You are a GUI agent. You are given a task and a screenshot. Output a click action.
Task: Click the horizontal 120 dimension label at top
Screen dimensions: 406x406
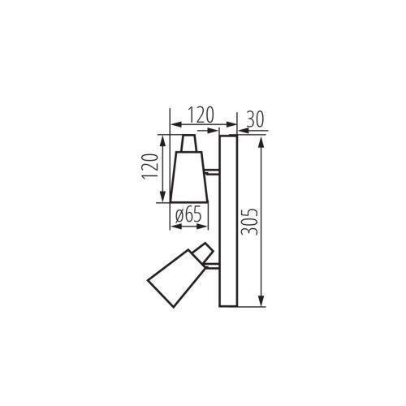[201, 115]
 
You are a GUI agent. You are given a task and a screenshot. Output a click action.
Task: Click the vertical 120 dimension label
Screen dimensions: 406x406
[150, 166]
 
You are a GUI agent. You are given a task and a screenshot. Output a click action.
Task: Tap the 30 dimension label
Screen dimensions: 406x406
[255, 119]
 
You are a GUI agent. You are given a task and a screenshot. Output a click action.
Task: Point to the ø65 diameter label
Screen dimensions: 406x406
[188, 215]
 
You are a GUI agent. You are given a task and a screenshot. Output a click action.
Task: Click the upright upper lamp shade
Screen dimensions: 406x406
[189, 177]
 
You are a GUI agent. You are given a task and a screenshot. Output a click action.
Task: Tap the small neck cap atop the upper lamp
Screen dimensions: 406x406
[188, 143]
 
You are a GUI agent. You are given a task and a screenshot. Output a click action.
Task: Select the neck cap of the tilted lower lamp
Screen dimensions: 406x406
[202, 251]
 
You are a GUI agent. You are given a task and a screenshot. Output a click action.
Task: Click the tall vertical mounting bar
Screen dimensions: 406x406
[228, 221]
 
